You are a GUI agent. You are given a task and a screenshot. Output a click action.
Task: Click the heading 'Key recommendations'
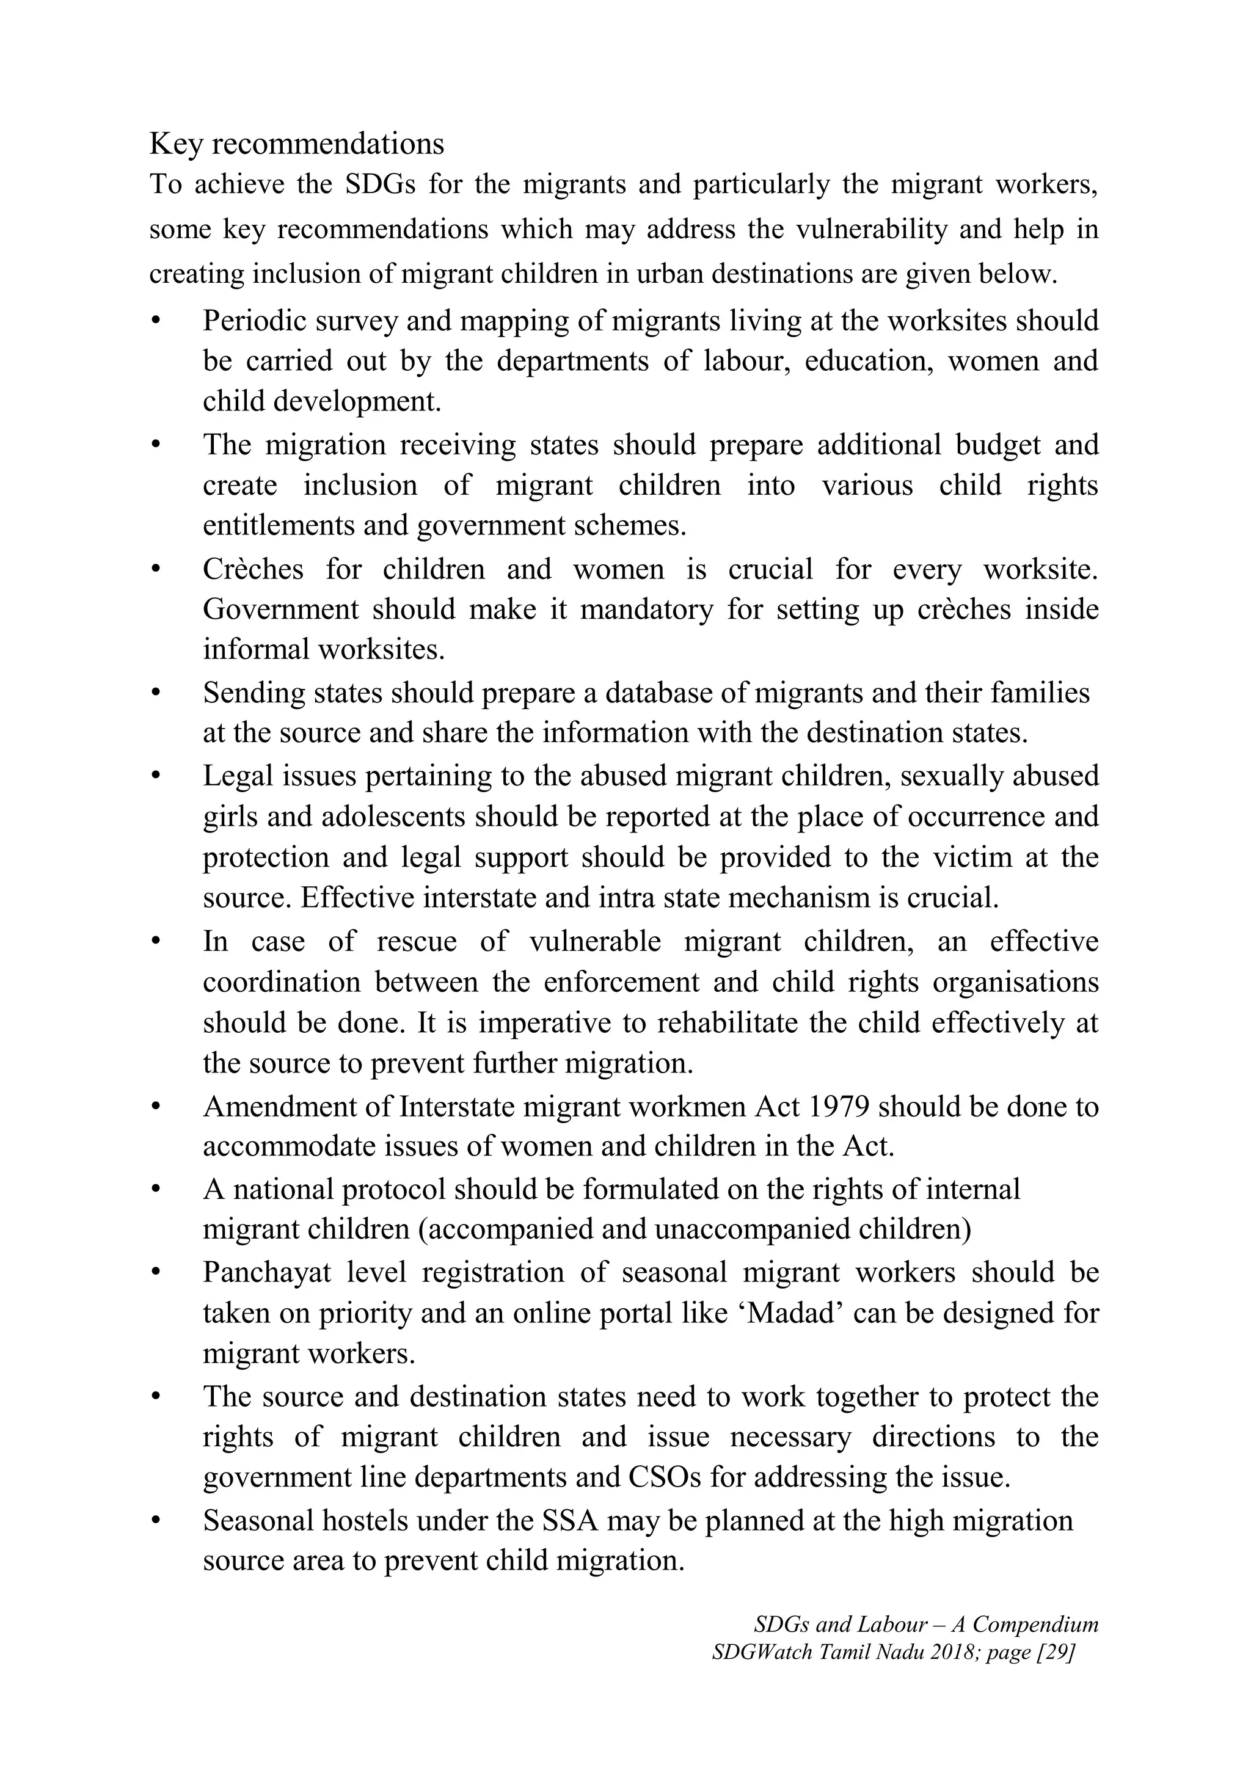coord(296,144)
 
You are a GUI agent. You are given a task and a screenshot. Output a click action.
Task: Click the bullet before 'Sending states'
coord(156,693)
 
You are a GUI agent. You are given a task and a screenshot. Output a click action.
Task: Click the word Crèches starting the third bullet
coord(252,569)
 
